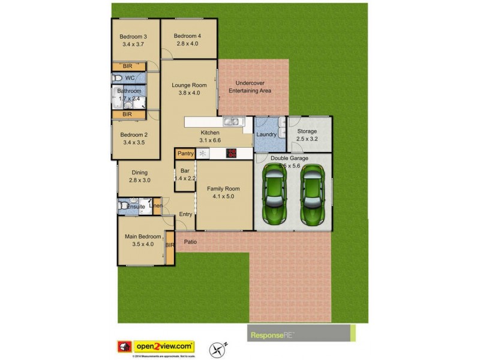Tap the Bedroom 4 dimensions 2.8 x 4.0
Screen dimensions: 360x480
(188, 44)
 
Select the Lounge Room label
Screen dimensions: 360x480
(189, 85)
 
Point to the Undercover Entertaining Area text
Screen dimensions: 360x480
(250, 87)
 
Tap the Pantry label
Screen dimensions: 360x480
(185, 154)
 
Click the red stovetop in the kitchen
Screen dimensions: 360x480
(231, 153)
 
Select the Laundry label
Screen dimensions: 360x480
(266, 134)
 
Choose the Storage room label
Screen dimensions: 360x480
(307, 131)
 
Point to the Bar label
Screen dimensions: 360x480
(185, 170)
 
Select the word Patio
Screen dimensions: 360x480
(190, 242)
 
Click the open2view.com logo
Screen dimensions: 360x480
(164, 346)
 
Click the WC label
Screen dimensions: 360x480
(130, 79)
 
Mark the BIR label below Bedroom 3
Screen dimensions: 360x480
(127, 67)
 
